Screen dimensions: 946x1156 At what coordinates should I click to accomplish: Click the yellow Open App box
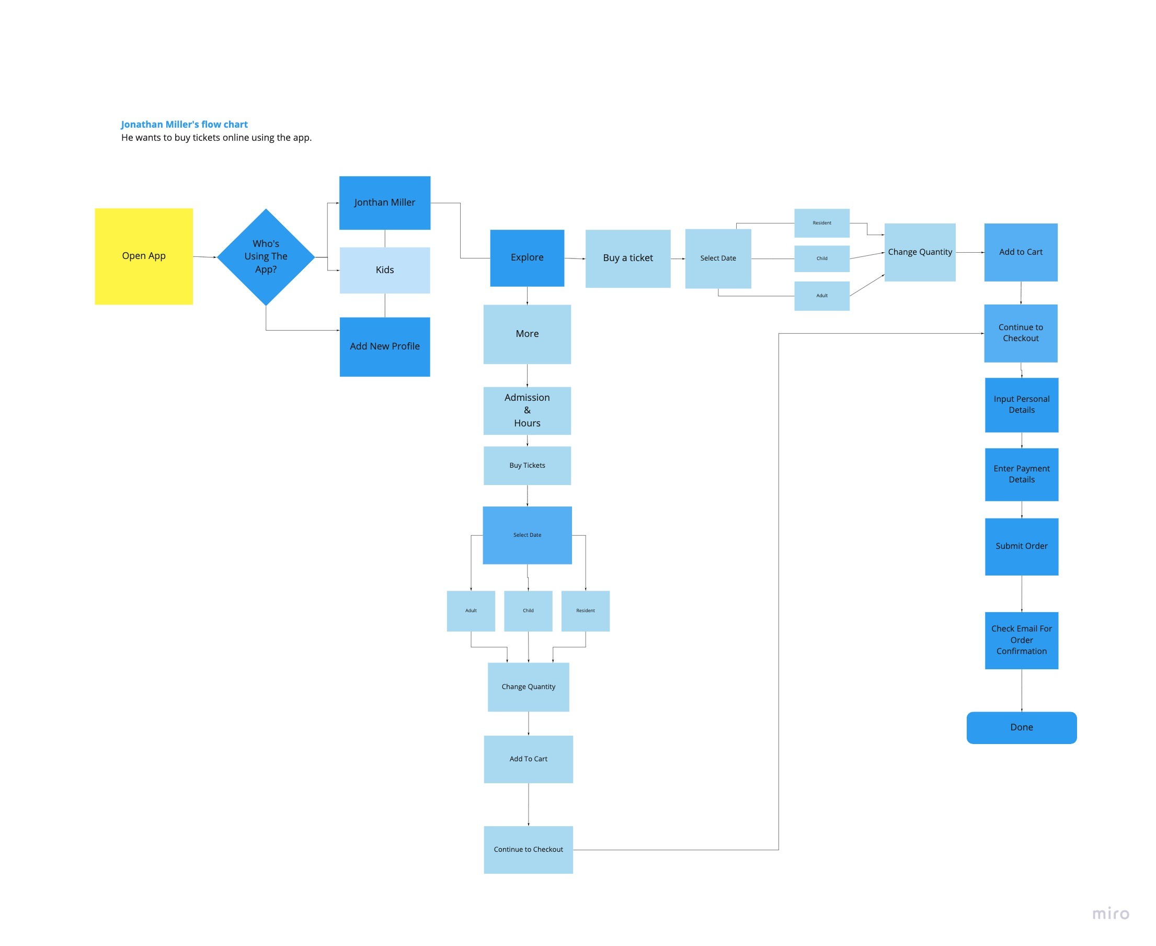pos(144,256)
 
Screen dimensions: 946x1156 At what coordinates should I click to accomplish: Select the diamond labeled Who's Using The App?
pos(266,257)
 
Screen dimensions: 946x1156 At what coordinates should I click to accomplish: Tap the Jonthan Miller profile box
pos(384,202)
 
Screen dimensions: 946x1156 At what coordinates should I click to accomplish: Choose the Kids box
pos(384,271)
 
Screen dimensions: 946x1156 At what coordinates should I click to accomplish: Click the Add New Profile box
pos(384,346)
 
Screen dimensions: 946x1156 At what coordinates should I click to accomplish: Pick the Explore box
pos(527,258)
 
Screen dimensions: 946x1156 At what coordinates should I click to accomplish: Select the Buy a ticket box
pos(627,258)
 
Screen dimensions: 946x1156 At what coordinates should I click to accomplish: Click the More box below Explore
pos(527,334)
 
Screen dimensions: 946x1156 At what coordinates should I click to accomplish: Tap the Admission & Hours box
pos(527,410)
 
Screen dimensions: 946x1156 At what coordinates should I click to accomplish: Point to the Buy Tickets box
pos(527,465)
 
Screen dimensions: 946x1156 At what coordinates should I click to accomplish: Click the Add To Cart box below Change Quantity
pos(528,759)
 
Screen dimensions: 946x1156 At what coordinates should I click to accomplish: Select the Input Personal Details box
pos(1021,405)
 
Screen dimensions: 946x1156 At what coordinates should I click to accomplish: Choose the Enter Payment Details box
pos(1021,474)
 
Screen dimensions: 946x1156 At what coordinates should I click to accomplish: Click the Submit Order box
pos(1021,546)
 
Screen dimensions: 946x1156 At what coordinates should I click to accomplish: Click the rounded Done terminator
pos(1021,727)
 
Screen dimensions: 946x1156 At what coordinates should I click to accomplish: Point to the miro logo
pos(1111,914)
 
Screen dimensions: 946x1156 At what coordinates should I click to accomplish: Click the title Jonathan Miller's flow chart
pos(184,124)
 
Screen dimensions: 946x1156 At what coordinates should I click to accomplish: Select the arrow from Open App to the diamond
pos(205,257)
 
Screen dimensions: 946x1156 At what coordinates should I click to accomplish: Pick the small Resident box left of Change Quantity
pos(821,223)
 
